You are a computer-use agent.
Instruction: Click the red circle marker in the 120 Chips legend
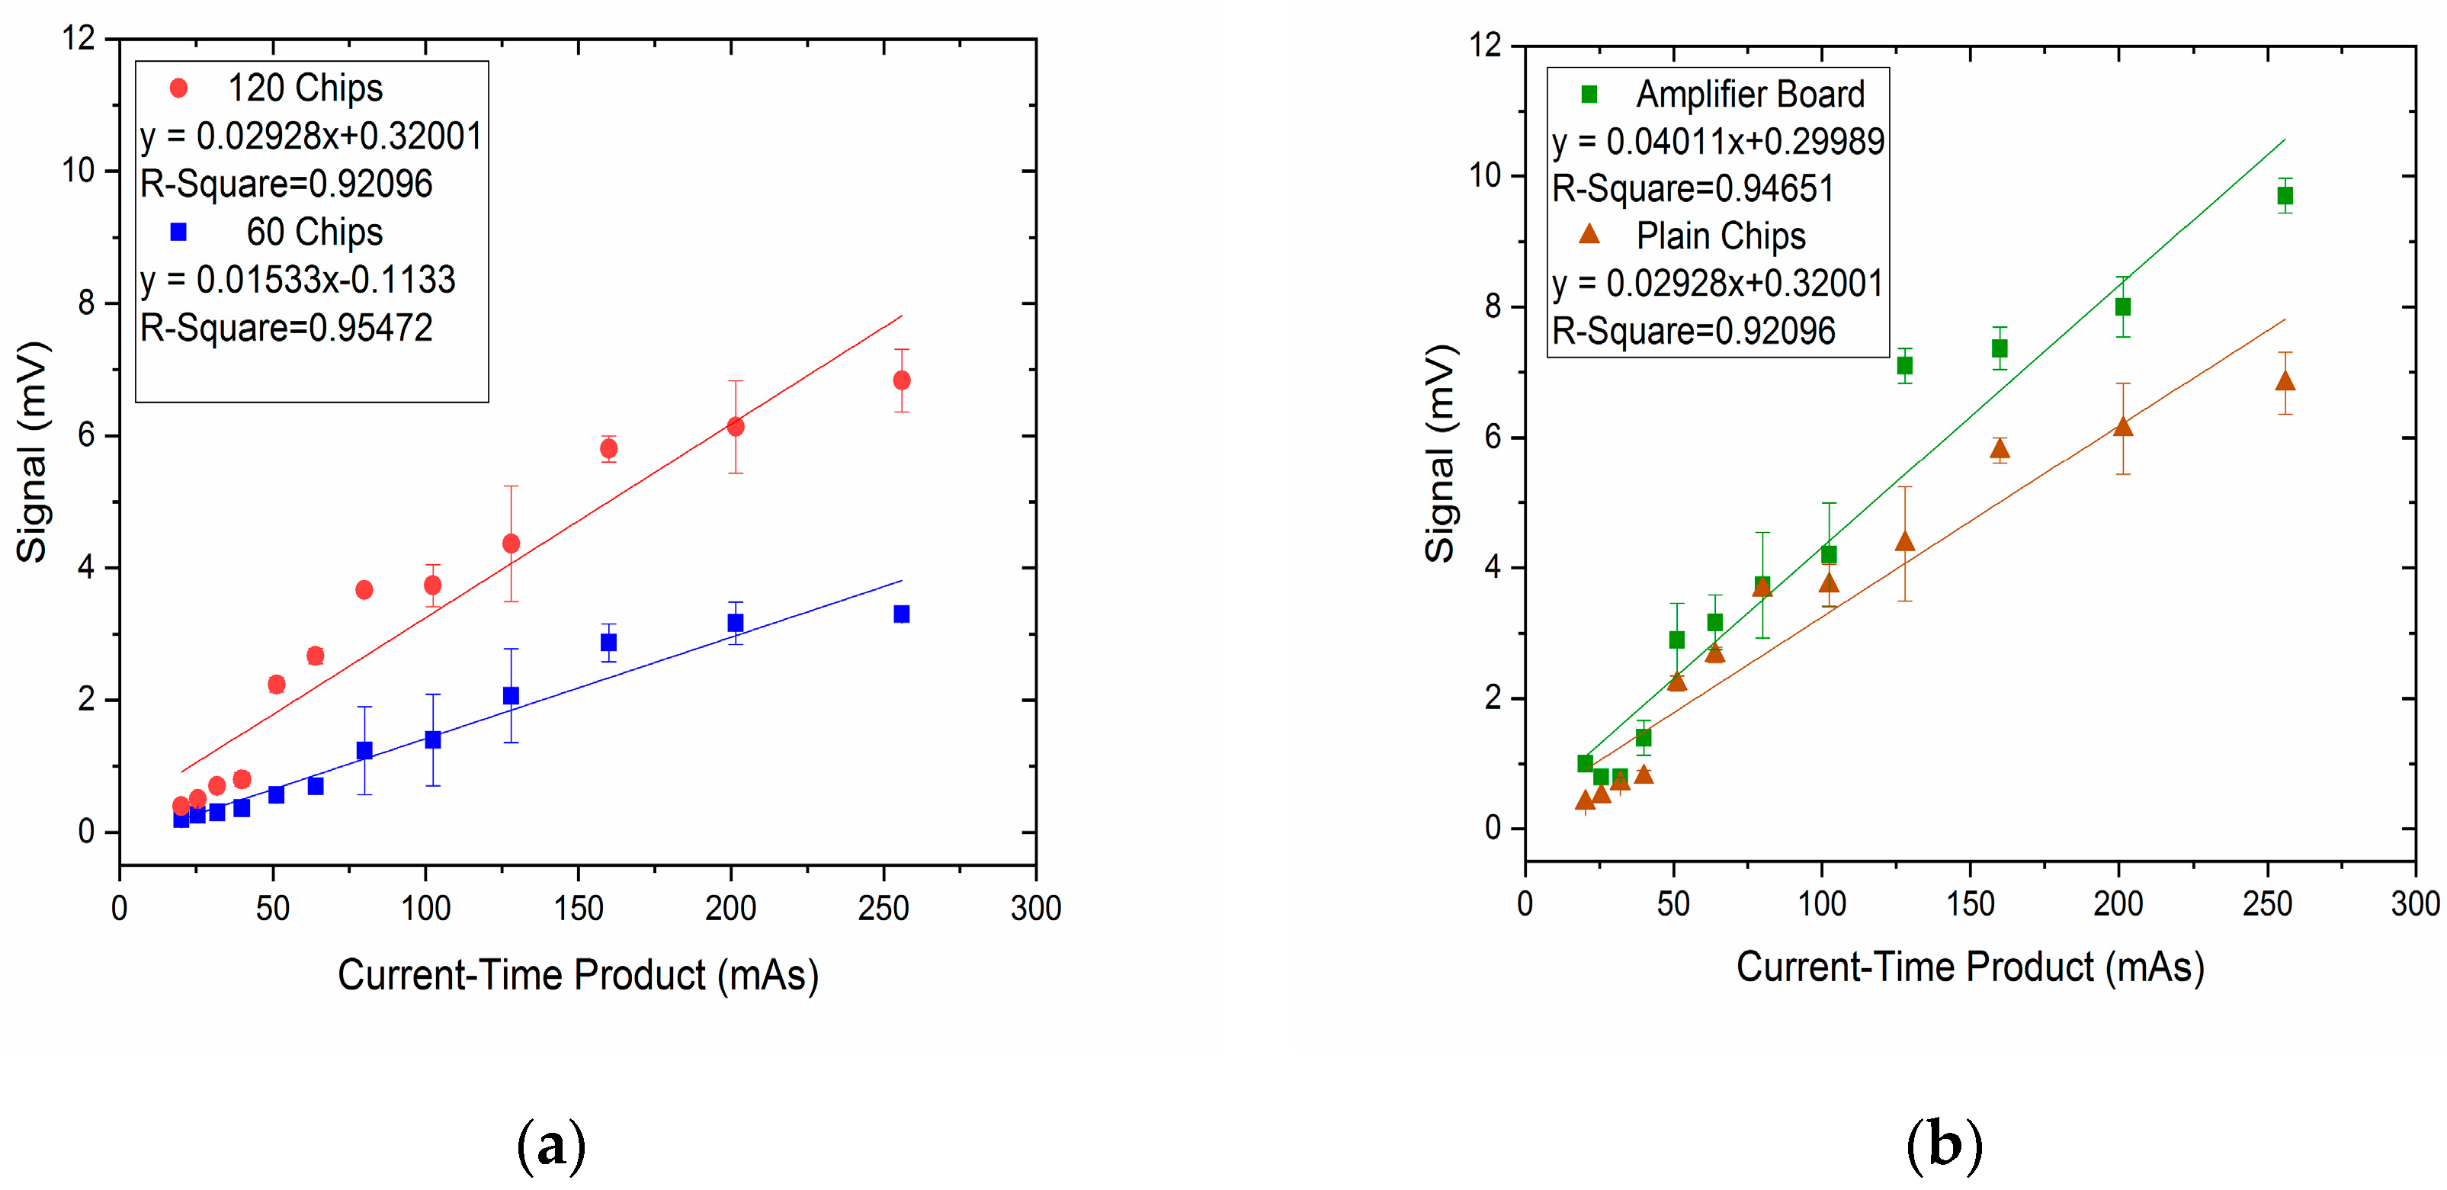[178, 88]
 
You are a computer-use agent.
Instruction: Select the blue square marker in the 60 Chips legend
[178, 232]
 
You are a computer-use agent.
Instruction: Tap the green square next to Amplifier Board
[1589, 94]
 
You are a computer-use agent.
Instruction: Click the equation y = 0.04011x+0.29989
[1717, 142]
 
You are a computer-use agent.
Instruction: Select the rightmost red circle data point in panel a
[902, 380]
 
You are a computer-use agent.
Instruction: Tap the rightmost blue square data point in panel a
[902, 614]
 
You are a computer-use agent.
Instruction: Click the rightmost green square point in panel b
[2285, 196]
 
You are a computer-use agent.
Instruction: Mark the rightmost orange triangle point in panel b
[2285, 382]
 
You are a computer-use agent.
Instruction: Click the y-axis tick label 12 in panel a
[79, 39]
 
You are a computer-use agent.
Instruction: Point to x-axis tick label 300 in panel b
[2413, 903]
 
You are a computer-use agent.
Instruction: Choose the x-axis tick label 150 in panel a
[578, 909]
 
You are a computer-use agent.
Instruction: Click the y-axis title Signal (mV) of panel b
[1440, 453]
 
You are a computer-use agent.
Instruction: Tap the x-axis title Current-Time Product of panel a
[578, 975]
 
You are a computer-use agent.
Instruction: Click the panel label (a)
[551, 1144]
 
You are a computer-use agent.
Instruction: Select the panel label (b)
[1944, 1144]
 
